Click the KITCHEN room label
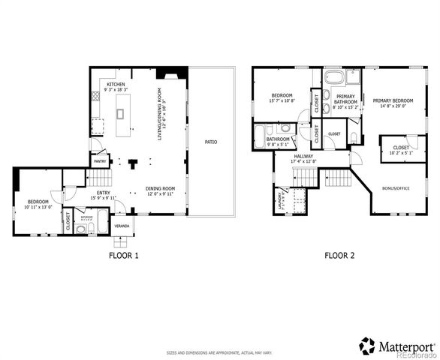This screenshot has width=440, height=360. click(x=116, y=84)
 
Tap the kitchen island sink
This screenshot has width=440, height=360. click(x=120, y=114)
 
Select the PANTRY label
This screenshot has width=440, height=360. click(x=99, y=160)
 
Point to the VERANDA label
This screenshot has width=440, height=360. click(x=120, y=225)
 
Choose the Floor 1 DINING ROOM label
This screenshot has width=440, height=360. click(x=160, y=189)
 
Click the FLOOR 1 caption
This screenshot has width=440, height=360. click(x=124, y=256)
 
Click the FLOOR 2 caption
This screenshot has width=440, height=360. click(x=339, y=256)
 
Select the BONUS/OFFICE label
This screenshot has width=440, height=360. click(x=396, y=188)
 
